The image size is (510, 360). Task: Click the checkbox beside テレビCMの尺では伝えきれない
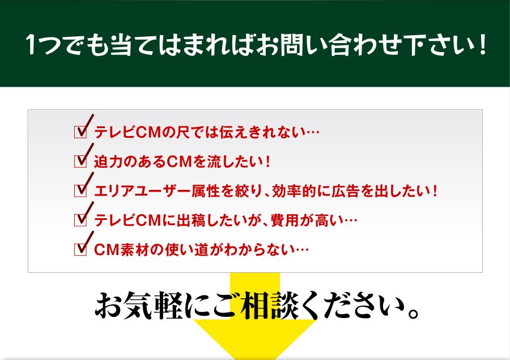80,132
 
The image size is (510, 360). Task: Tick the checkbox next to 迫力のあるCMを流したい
80,161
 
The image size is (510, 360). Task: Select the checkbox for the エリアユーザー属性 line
80,190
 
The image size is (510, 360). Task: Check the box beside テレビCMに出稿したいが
80,220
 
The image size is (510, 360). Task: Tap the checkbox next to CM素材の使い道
80,249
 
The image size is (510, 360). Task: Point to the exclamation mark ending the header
482,44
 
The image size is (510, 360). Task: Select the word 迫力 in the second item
108,162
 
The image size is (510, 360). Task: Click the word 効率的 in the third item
294,190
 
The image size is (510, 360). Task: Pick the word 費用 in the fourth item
284,221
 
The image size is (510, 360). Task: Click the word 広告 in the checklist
346,190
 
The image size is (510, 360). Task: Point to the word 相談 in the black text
269,306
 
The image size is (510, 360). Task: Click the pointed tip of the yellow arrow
255,359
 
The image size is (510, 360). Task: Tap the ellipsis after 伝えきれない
313,133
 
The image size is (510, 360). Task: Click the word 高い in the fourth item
329,221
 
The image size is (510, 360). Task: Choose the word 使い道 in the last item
186,249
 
